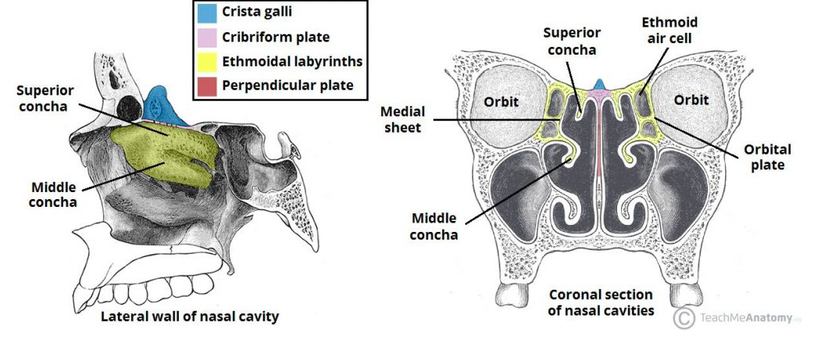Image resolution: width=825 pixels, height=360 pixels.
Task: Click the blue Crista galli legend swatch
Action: click(x=207, y=13)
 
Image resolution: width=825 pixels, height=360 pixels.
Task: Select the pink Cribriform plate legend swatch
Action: click(x=207, y=37)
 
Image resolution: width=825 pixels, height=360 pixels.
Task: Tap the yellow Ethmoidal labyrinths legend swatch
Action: click(x=207, y=61)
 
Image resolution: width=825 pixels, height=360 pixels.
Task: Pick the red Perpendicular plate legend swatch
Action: click(x=207, y=84)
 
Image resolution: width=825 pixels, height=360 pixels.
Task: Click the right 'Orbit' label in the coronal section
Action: click(x=691, y=100)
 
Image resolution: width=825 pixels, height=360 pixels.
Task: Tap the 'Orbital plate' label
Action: click(x=768, y=157)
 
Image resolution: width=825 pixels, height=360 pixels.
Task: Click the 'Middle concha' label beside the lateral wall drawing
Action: click(x=54, y=194)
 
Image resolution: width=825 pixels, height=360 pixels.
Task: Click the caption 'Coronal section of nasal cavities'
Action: click(x=601, y=303)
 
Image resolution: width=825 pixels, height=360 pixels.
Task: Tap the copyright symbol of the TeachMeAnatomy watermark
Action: click(x=684, y=318)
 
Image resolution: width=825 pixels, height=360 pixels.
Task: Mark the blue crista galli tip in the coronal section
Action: click(x=599, y=84)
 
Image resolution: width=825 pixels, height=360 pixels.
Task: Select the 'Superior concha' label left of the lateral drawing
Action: click(x=43, y=98)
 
